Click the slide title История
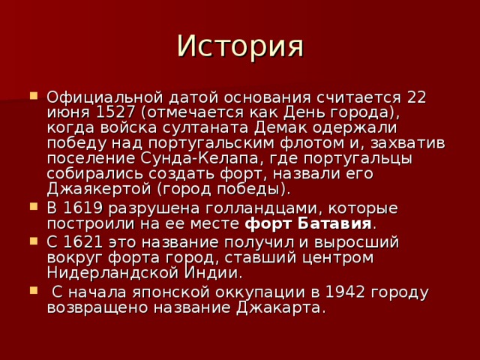point(240,46)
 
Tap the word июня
point(64,112)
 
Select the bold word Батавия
point(336,223)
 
